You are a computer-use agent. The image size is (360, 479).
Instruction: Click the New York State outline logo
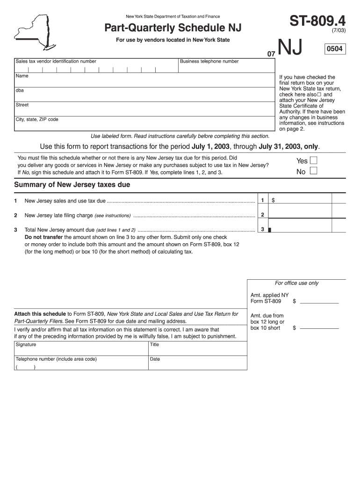(x=34, y=32)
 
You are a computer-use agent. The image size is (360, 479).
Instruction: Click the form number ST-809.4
(x=317, y=21)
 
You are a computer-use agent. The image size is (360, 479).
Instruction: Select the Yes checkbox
(x=314, y=160)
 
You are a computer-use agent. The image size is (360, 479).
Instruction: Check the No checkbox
(x=314, y=171)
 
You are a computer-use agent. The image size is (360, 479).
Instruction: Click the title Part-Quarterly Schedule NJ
(x=173, y=29)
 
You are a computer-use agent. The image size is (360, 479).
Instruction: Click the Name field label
(x=22, y=76)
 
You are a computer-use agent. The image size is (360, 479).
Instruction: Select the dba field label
(x=20, y=90)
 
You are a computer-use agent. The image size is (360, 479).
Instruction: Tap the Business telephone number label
(x=209, y=61)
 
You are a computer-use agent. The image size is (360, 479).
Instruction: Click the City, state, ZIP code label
(x=37, y=119)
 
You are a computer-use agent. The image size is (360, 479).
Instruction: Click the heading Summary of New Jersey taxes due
(x=72, y=185)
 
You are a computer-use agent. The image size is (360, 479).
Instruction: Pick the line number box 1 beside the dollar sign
(x=263, y=200)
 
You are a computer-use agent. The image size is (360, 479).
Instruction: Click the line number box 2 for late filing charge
(x=263, y=215)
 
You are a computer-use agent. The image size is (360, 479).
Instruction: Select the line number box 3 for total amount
(x=263, y=229)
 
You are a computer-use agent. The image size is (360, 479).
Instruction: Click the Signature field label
(x=26, y=345)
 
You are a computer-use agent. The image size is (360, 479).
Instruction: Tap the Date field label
(x=155, y=359)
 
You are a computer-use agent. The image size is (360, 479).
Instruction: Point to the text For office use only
(x=296, y=283)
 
